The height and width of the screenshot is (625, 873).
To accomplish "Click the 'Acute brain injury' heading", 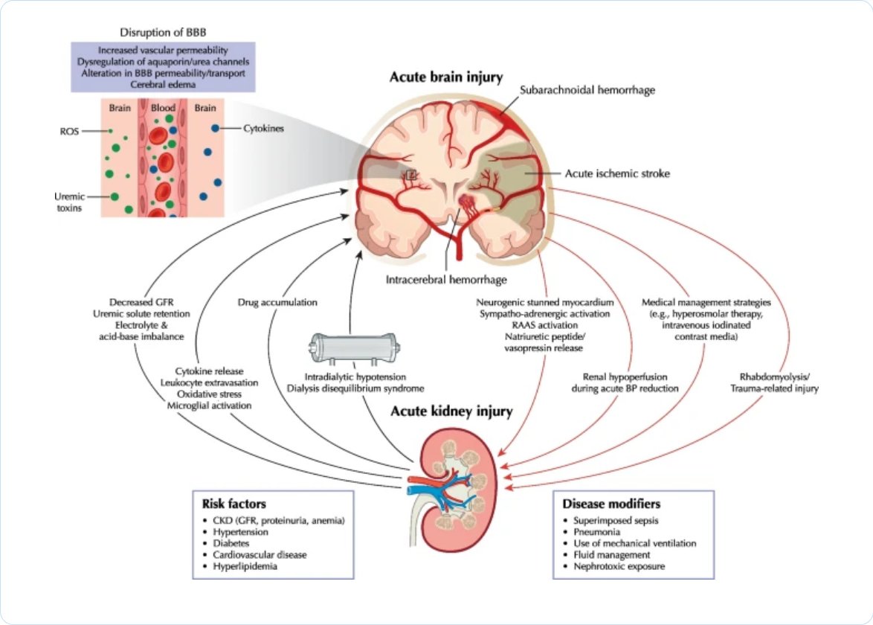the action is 446,77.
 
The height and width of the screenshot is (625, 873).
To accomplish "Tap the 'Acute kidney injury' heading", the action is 451,411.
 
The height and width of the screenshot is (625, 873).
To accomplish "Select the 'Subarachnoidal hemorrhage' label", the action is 587,90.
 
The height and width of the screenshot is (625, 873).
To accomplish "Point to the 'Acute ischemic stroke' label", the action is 617,174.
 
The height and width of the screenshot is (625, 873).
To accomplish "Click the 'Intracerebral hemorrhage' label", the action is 446,280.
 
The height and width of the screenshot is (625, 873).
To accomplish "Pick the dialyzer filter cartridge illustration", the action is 355,348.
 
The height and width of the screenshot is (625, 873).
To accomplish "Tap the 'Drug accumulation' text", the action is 277,303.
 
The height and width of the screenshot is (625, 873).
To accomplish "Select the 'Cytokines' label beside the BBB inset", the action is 263,129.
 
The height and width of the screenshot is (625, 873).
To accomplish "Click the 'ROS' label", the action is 70,132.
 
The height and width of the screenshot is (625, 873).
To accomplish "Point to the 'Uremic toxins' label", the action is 70,202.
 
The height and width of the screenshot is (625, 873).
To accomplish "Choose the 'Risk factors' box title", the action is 233,504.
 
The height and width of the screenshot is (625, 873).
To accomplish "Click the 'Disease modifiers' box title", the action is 611,504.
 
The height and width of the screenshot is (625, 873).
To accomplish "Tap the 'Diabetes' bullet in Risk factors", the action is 231,543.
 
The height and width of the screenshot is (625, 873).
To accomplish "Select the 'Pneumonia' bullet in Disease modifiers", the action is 597,532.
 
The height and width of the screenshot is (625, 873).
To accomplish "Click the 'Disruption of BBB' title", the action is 163,32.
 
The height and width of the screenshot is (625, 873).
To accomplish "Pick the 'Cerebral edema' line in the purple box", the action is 163,85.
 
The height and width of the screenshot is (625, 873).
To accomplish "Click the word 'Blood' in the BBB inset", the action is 163,107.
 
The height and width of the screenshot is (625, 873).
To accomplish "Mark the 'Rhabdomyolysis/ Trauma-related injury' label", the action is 774,382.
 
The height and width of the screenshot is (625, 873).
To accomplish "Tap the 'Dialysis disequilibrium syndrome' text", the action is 355,388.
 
